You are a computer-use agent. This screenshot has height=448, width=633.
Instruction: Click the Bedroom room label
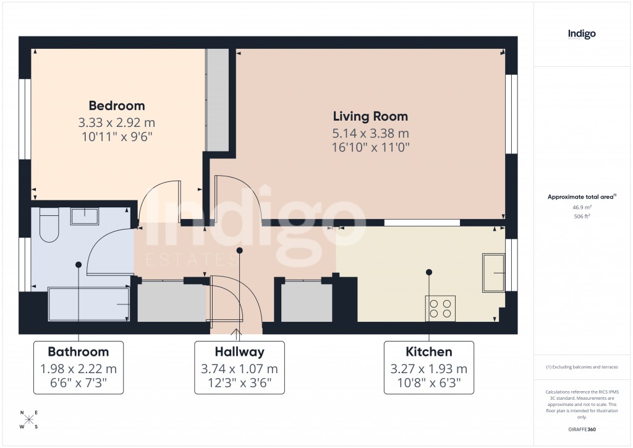click(x=116, y=106)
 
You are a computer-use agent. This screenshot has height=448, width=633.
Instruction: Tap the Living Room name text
click(x=370, y=116)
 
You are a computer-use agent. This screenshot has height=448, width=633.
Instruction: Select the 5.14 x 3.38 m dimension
click(x=370, y=133)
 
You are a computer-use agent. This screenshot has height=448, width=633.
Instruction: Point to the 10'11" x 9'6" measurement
click(x=116, y=136)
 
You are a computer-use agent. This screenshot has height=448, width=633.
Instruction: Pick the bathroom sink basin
click(x=84, y=217)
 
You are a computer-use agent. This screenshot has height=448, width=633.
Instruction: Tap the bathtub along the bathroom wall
click(x=88, y=304)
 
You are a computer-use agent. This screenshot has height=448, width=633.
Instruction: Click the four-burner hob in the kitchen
click(x=440, y=308)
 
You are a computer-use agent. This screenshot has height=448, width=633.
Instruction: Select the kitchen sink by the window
click(x=493, y=272)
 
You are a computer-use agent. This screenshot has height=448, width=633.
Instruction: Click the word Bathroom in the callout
click(x=78, y=352)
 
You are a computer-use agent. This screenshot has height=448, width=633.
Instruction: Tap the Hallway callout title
click(x=239, y=352)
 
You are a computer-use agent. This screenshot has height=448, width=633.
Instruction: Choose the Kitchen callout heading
click(x=428, y=352)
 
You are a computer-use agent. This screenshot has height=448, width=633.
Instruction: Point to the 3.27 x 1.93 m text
click(x=428, y=369)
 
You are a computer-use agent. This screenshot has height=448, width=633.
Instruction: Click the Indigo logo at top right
click(x=582, y=35)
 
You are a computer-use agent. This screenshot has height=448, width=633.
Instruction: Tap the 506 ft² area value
click(x=582, y=217)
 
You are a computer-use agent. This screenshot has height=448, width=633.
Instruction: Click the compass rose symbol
click(x=29, y=420)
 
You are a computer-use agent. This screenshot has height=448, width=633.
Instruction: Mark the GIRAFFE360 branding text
click(x=582, y=429)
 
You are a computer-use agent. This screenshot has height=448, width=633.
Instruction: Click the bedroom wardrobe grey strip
click(x=216, y=100)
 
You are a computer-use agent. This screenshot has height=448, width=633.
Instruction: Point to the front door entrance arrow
click(x=237, y=333)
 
